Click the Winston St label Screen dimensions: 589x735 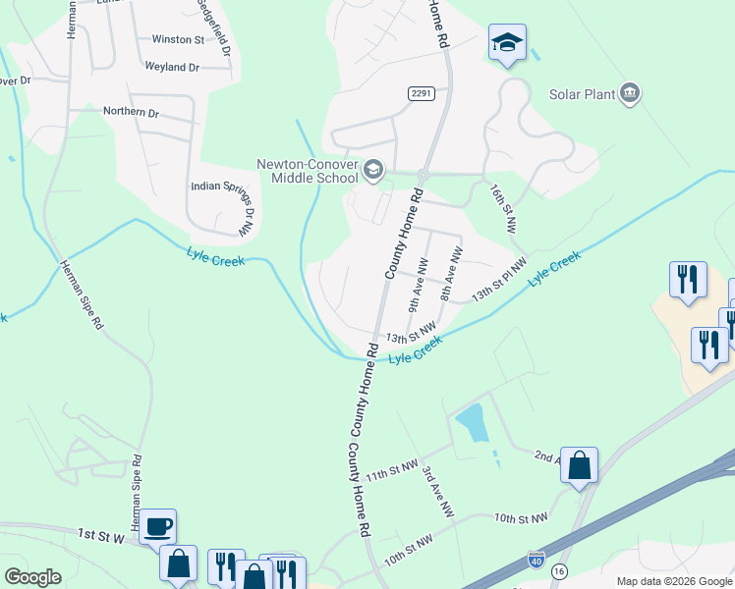point(178,40)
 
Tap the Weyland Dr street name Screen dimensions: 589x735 point(172,67)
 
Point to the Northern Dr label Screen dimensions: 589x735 point(132,113)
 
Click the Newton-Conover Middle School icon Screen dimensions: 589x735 point(373,171)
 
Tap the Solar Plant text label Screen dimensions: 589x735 point(583,94)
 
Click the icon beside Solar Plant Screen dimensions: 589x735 point(630,94)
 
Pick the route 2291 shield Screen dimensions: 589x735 point(422,92)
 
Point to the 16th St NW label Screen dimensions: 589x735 point(503,208)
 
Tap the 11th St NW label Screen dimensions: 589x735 point(392,470)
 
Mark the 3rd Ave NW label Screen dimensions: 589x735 point(437,492)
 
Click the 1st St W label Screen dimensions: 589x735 point(102,535)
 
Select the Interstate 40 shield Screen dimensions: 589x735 point(536,560)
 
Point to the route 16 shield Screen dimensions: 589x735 point(559,570)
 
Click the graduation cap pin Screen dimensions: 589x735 point(507,42)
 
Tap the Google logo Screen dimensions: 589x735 point(32,577)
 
